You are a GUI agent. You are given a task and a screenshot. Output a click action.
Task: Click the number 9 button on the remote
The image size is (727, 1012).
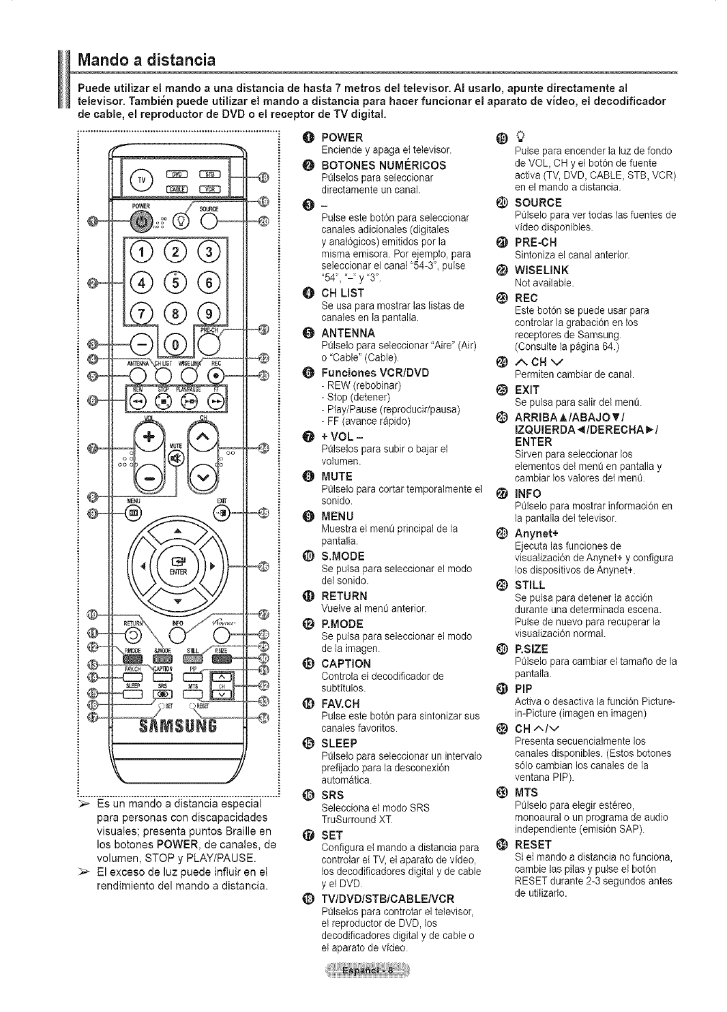tap(203, 314)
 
